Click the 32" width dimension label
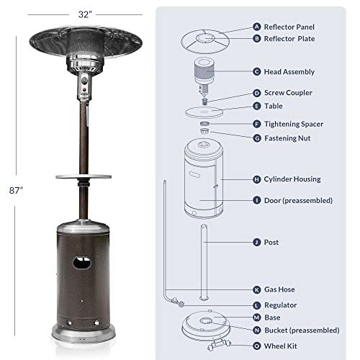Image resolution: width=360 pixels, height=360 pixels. [86, 12]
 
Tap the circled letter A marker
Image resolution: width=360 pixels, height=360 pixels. [257, 27]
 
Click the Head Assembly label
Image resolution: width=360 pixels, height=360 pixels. [290, 71]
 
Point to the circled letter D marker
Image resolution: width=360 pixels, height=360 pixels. [257, 93]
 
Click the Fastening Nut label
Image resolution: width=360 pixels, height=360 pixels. [291, 137]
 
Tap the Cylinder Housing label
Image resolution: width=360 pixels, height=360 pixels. [297, 179]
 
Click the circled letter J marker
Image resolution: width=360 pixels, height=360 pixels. [257, 243]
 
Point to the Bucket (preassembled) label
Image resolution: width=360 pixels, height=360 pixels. [302, 330]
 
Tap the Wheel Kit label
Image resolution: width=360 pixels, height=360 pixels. [282, 344]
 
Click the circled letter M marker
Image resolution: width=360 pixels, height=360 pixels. [257, 317]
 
